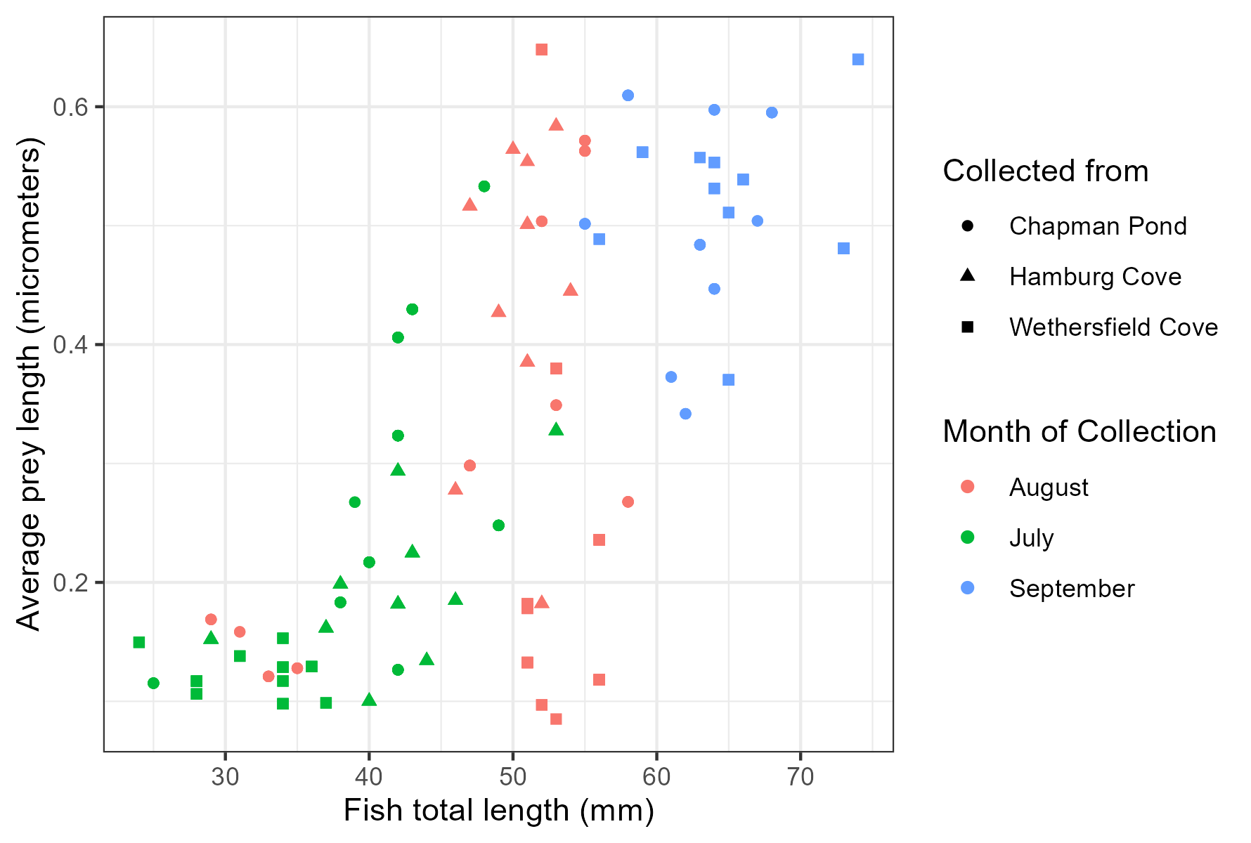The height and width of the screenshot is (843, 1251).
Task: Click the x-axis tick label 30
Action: point(225,776)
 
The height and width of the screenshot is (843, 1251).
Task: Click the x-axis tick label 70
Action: point(800,776)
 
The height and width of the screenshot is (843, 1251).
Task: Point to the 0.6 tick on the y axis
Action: point(70,107)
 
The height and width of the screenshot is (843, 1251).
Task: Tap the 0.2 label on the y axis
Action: point(70,583)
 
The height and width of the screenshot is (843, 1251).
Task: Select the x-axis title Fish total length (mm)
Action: point(498,811)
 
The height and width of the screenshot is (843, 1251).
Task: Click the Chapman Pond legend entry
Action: point(1097,226)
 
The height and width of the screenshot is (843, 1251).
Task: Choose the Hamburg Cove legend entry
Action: point(1094,277)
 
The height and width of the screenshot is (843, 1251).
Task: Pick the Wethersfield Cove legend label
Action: point(1113,327)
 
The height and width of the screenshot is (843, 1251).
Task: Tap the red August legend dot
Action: point(968,487)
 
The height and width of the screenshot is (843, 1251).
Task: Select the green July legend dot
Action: point(968,537)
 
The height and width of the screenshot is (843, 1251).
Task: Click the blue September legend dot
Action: point(968,588)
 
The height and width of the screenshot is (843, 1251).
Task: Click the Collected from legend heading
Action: point(1045,171)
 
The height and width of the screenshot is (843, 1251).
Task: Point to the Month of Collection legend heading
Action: point(1079,432)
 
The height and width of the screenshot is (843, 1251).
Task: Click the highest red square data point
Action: point(541,49)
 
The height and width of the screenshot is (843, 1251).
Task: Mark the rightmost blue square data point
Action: point(857,60)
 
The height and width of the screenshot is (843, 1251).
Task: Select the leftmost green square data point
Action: point(139,642)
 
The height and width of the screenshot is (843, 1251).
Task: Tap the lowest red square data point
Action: point(556,719)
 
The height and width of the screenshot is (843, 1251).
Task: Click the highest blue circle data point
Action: point(628,96)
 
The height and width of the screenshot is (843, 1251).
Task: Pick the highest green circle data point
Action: point(484,186)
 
